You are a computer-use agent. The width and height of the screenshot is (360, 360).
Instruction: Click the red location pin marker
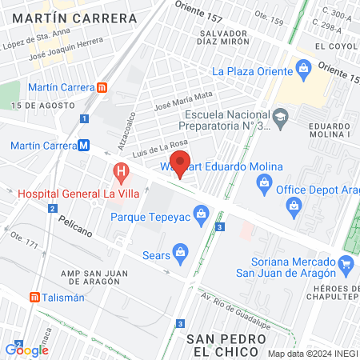(x=181, y=162)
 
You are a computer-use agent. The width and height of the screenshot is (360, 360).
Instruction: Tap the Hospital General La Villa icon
(x=121, y=170)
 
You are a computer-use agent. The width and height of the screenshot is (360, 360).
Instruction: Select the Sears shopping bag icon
(x=181, y=252)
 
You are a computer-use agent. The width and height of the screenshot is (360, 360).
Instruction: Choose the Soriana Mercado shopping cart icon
(x=346, y=262)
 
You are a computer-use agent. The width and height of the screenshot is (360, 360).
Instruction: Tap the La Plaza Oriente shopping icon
(x=303, y=70)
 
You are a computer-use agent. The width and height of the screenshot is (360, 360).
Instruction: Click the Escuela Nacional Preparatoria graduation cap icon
(x=280, y=119)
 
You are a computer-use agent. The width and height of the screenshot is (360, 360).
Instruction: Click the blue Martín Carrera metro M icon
(x=83, y=146)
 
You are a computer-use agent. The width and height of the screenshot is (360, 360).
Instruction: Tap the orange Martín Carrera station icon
(x=102, y=87)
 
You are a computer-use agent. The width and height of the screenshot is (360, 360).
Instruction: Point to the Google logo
(x=26, y=350)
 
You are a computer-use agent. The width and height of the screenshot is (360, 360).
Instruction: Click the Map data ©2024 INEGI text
(x=311, y=353)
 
